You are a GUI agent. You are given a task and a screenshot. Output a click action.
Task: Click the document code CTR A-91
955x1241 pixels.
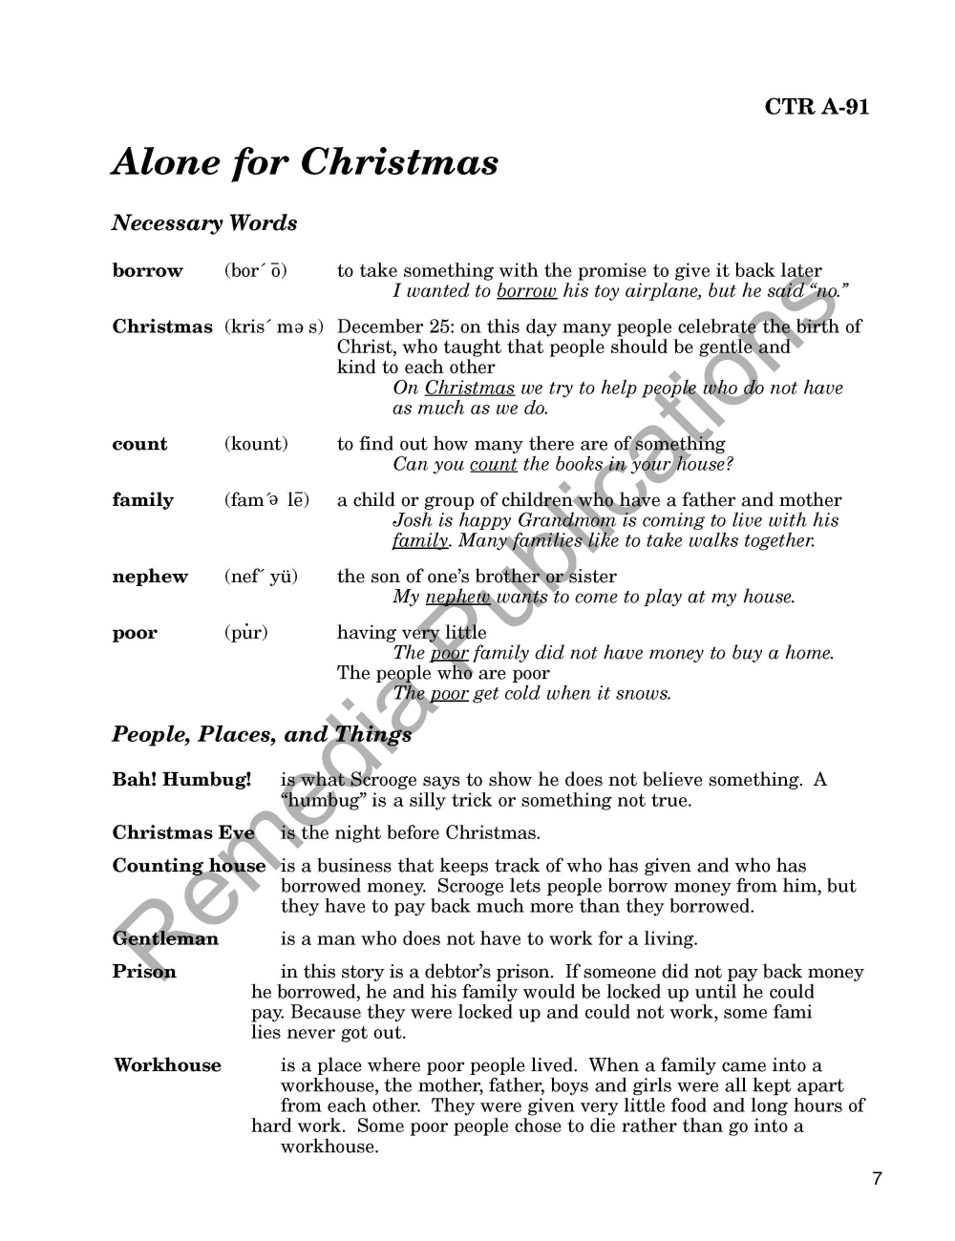[817, 107]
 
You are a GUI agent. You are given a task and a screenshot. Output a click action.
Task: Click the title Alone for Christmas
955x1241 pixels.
[305, 162]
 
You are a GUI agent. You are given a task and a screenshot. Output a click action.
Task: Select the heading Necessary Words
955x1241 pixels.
[204, 223]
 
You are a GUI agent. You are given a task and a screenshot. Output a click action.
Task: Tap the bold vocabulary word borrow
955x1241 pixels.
[147, 271]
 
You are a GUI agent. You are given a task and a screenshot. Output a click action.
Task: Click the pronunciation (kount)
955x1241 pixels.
[256, 444]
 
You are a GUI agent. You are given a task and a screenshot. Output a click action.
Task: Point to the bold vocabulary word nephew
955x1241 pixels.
[150, 577]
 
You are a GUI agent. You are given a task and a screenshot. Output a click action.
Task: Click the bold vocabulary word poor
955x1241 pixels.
[135, 633]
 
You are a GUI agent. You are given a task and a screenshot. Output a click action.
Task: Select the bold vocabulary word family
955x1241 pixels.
[143, 500]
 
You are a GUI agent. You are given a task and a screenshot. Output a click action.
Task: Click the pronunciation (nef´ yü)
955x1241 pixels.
[261, 577]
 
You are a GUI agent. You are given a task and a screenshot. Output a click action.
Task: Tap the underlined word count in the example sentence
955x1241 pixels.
[493, 465]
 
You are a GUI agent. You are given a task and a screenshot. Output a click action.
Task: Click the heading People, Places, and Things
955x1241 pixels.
[262, 734]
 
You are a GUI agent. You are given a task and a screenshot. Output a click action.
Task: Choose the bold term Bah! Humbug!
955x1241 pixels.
[181, 780]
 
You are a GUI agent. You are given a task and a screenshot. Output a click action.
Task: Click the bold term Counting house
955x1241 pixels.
[189, 866]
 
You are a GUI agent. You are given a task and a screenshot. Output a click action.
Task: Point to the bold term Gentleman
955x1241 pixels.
[165, 938]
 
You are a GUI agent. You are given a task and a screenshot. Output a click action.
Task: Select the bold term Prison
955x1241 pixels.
[144, 972]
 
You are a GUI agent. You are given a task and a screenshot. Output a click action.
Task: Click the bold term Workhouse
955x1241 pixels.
[167, 1065]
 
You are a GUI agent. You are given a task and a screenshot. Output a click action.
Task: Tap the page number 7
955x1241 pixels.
[877, 1178]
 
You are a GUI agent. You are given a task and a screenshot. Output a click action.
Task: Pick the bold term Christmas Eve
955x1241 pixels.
[183, 832]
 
